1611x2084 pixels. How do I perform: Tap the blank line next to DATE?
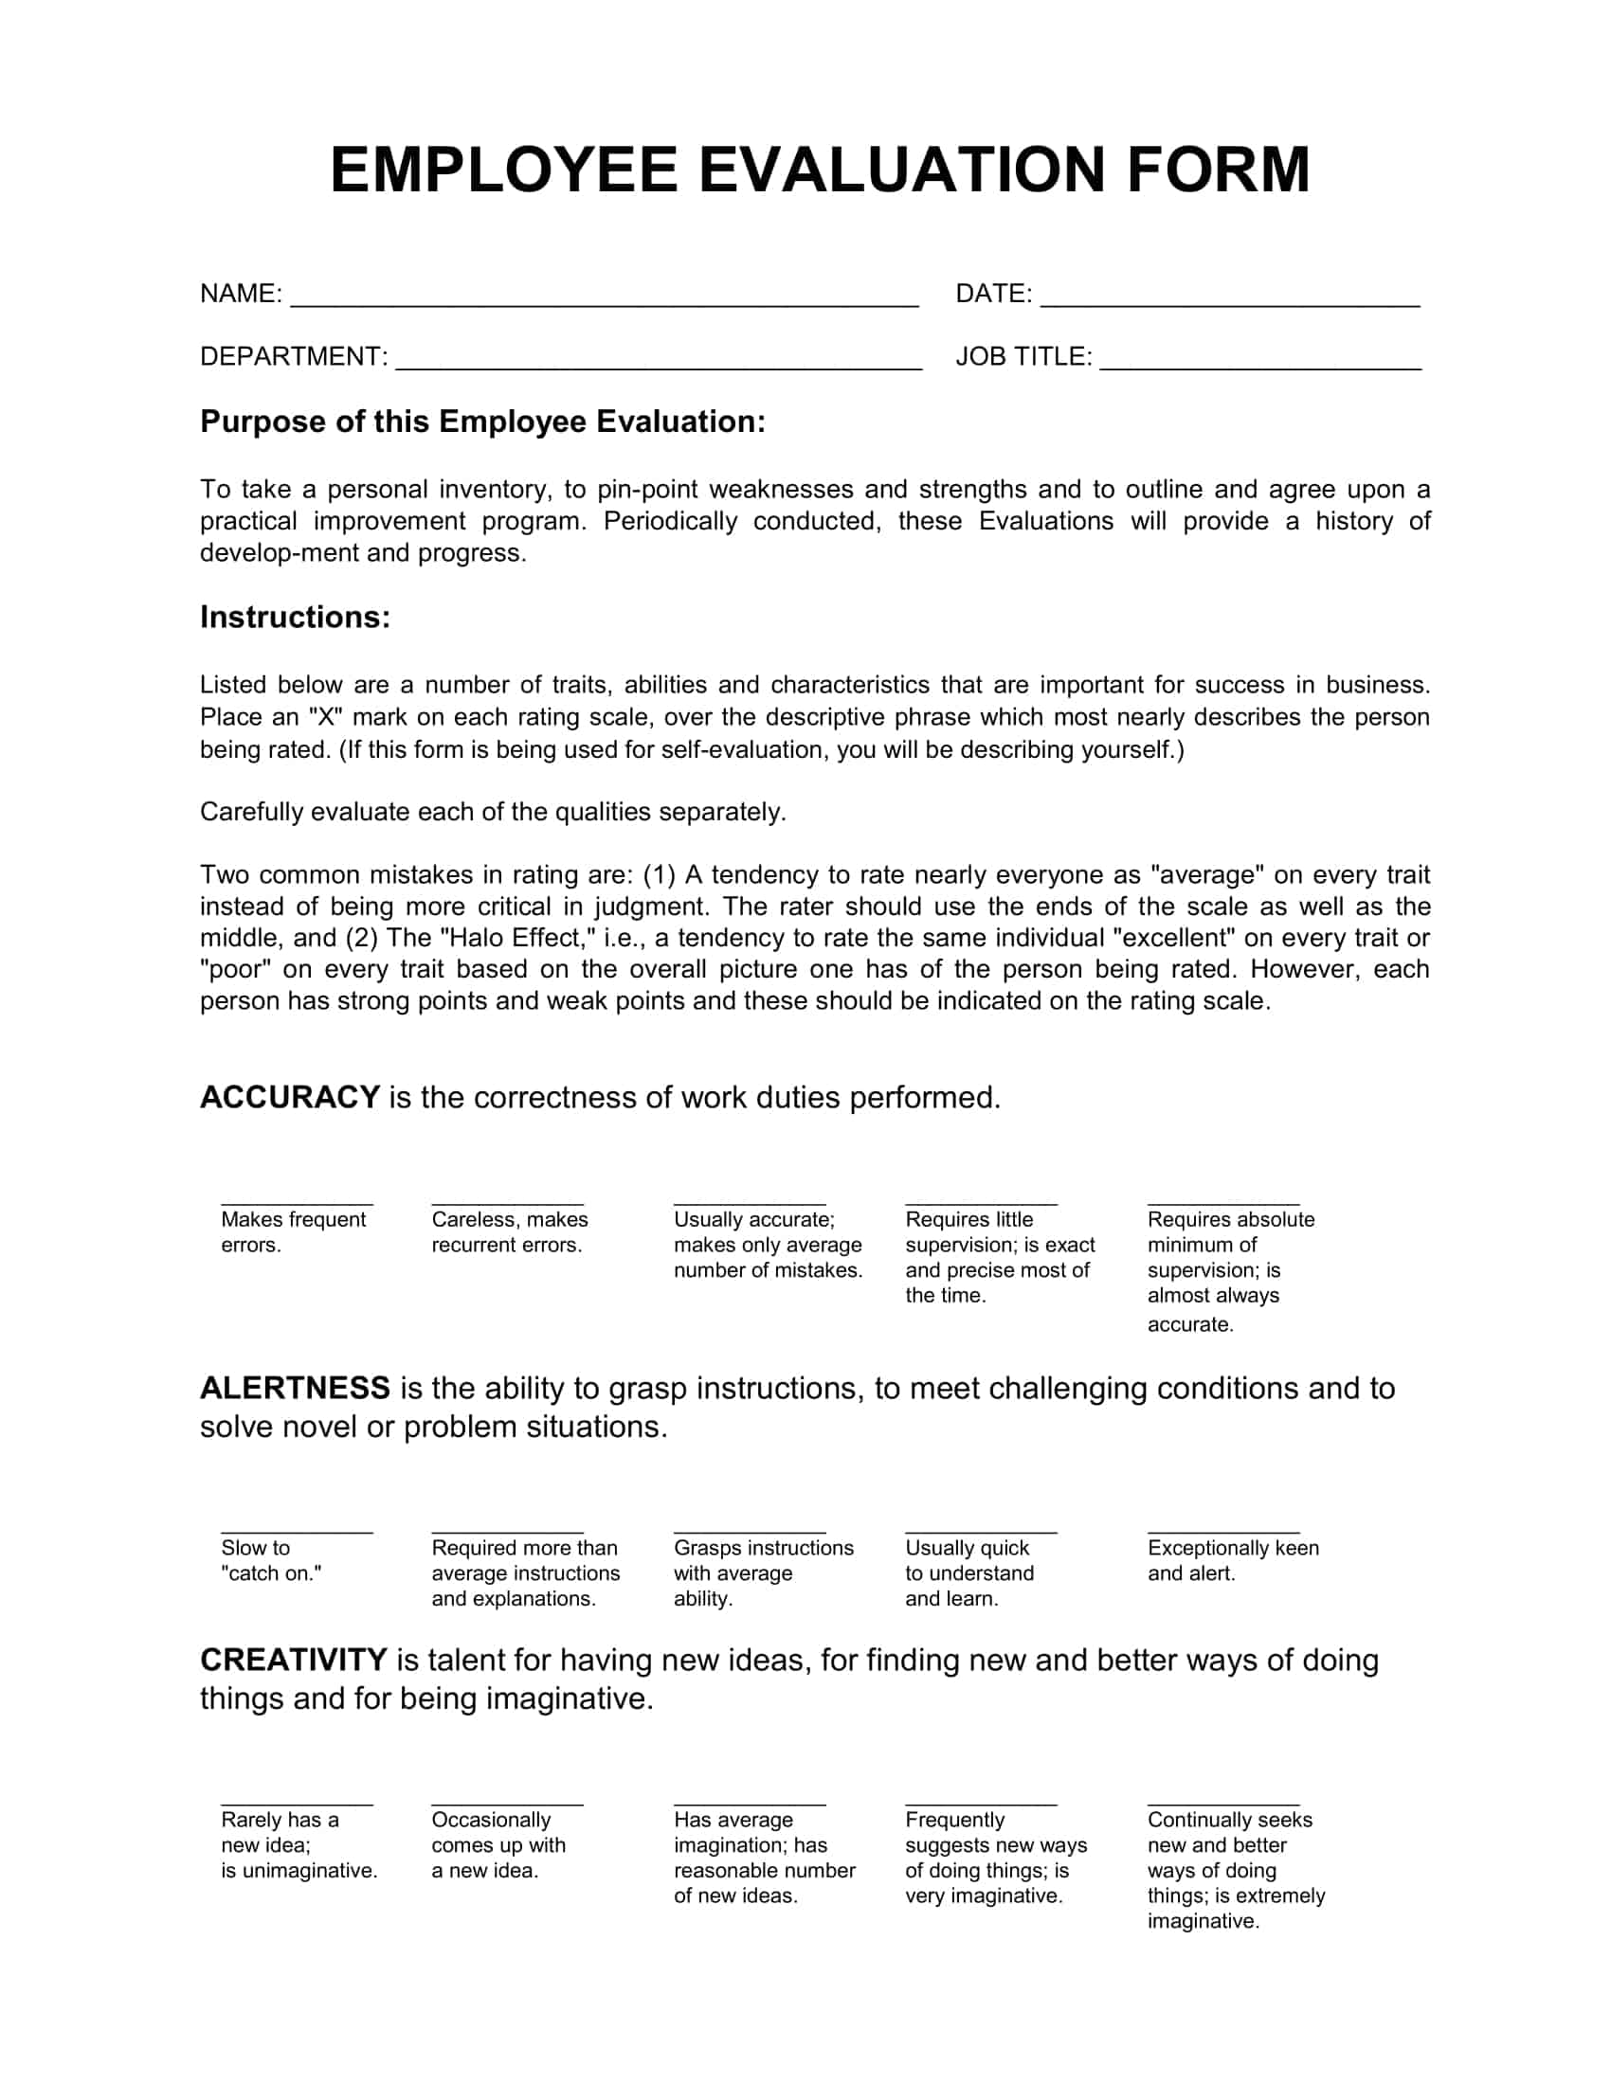click(x=1229, y=300)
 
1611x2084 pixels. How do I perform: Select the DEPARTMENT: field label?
click(x=293, y=357)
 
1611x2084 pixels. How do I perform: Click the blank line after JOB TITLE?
click(x=1259, y=364)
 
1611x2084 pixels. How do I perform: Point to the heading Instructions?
click(x=295, y=618)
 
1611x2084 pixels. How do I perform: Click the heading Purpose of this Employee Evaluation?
click(x=482, y=422)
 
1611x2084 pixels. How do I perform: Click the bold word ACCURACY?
click(x=289, y=1097)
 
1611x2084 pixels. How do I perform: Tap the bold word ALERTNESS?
click(x=294, y=1388)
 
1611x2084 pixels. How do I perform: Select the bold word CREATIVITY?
click(x=292, y=1660)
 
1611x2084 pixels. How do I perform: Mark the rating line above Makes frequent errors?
click(x=297, y=1204)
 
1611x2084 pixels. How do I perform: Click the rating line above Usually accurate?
click(x=750, y=1204)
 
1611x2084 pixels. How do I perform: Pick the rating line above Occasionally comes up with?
click(x=507, y=1805)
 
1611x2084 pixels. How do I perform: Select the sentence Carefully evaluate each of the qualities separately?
click(x=493, y=812)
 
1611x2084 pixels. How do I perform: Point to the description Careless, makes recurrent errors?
click(x=509, y=1231)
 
